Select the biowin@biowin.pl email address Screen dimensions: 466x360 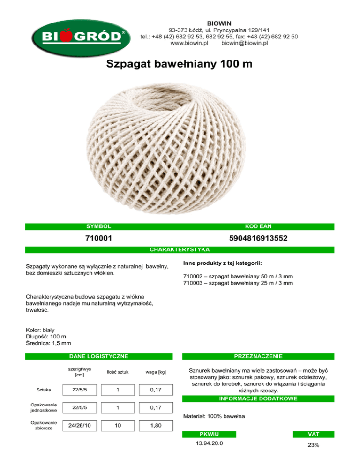click(244, 43)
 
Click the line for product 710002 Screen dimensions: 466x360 click(238, 276)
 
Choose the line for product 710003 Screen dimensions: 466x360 click(238, 283)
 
